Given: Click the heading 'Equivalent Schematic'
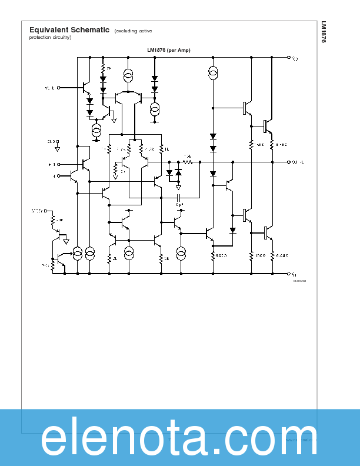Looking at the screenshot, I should [x=69, y=30].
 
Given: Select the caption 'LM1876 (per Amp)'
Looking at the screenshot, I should [x=169, y=51].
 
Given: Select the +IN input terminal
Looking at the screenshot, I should [x=58, y=164].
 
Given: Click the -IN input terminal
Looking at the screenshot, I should [x=58, y=175].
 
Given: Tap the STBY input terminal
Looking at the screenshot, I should [x=46, y=210].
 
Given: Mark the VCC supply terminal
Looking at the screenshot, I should [x=289, y=58].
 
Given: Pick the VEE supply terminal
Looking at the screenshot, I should [x=289, y=274].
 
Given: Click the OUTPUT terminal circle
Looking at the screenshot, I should [x=289, y=161].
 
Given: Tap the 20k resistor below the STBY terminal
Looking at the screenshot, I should [x=53, y=220].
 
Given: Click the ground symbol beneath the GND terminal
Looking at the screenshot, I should [x=58, y=149].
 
